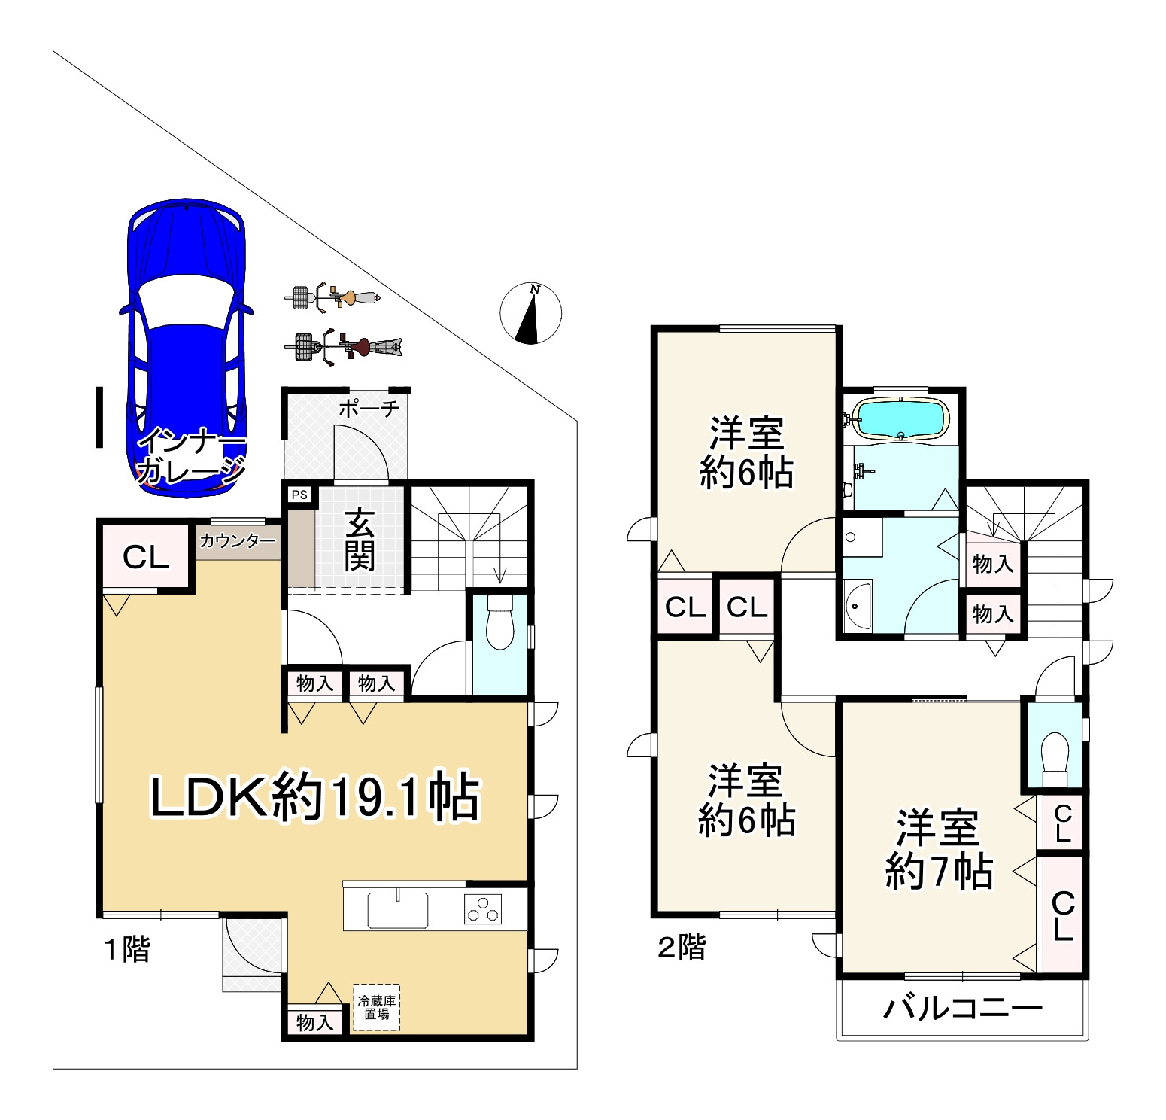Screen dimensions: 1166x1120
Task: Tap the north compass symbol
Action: click(x=531, y=313)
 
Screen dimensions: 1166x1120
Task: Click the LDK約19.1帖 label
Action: click(x=315, y=798)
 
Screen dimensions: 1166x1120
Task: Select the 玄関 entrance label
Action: click(x=360, y=540)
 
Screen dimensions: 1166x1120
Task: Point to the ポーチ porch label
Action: click(x=368, y=409)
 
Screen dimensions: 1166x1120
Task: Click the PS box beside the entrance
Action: click(x=300, y=495)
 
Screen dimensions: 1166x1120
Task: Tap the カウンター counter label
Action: click(x=238, y=540)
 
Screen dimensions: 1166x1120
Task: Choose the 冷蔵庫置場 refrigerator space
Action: click(x=376, y=1007)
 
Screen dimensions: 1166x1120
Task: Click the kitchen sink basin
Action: click(x=398, y=910)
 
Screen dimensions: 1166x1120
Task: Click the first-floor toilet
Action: click(x=499, y=622)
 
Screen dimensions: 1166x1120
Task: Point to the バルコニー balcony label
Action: click(x=963, y=1008)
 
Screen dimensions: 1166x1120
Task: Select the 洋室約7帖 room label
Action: click(x=938, y=851)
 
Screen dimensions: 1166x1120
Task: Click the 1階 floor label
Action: click(x=126, y=950)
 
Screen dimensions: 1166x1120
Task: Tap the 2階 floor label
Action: click(x=682, y=947)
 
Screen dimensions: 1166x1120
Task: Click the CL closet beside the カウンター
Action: click(x=146, y=558)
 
